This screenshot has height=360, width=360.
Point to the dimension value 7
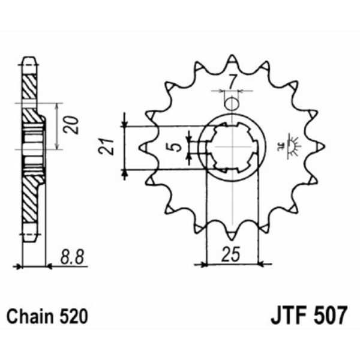pos(231,79)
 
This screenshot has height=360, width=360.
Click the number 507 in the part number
pos(326,314)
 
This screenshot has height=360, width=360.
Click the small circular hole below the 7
pos(231,103)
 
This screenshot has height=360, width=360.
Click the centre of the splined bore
pos(232,146)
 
